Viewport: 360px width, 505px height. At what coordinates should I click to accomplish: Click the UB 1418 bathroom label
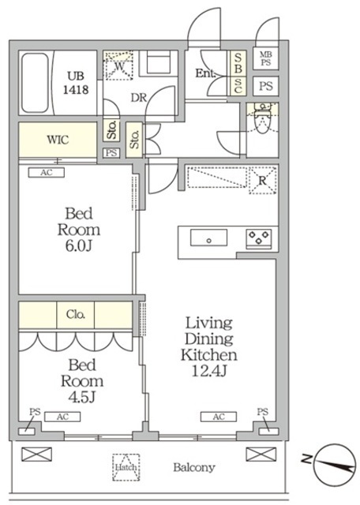[76, 83]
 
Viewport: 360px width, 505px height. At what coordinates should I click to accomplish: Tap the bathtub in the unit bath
[35, 83]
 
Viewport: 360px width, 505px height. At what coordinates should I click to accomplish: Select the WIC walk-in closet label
[58, 140]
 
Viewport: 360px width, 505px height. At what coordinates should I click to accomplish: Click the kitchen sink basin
[209, 238]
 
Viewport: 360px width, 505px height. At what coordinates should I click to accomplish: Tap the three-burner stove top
[259, 238]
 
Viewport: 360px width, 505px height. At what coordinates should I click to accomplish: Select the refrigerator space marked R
[263, 181]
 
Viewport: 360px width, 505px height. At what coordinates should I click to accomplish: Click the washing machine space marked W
[119, 66]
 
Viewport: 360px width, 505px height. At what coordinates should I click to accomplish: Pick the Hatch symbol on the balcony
[126, 467]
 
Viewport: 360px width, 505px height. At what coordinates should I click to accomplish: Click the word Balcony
[194, 467]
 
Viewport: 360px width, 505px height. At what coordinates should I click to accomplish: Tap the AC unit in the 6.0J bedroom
[47, 173]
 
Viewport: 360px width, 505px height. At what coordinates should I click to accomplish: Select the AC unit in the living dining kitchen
[219, 417]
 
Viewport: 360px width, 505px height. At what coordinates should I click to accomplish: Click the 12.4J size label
[209, 372]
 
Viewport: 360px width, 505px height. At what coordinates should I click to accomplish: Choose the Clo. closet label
[76, 314]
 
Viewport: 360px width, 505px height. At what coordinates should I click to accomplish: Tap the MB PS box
[266, 58]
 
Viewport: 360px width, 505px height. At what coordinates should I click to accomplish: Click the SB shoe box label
[238, 63]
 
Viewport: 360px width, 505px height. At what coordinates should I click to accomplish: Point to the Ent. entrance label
[205, 73]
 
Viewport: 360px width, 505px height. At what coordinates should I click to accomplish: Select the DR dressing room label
[139, 98]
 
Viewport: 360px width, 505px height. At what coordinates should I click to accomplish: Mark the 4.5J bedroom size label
[82, 397]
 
